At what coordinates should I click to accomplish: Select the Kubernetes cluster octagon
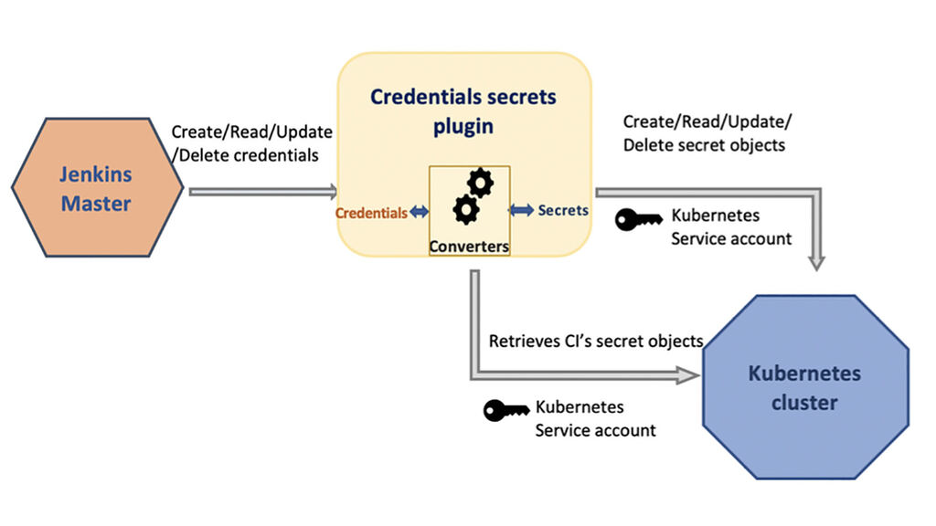pyautogui.click(x=804, y=387)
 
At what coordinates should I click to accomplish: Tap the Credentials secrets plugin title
pyautogui.click(x=463, y=110)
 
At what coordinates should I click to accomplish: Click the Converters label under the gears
pyautogui.click(x=469, y=246)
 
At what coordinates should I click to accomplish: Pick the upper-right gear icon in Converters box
pyautogui.click(x=480, y=183)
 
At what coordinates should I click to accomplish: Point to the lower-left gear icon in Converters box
pyautogui.click(x=466, y=210)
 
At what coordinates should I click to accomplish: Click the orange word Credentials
pyautogui.click(x=371, y=213)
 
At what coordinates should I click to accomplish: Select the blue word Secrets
pyautogui.click(x=563, y=210)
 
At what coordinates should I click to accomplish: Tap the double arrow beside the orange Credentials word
pyautogui.click(x=419, y=212)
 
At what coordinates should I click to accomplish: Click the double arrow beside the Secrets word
pyautogui.click(x=522, y=210)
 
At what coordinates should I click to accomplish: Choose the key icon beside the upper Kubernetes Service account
pyautogui.click(x=638, y=220)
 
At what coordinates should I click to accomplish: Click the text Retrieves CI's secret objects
pyautogui.click(x=596, y=342)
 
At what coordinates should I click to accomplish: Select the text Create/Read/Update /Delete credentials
pyautogui.click(x=251, y=143)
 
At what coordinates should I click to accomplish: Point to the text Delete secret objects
pyautogui.click(x=704, y=144)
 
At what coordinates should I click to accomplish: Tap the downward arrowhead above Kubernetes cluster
pyautogui.click(x=816, y=262)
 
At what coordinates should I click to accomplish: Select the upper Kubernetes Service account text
pyautogui.click(x=731, y=227)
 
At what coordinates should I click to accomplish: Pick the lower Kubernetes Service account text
pyautogui.click(x=595, y=418)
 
